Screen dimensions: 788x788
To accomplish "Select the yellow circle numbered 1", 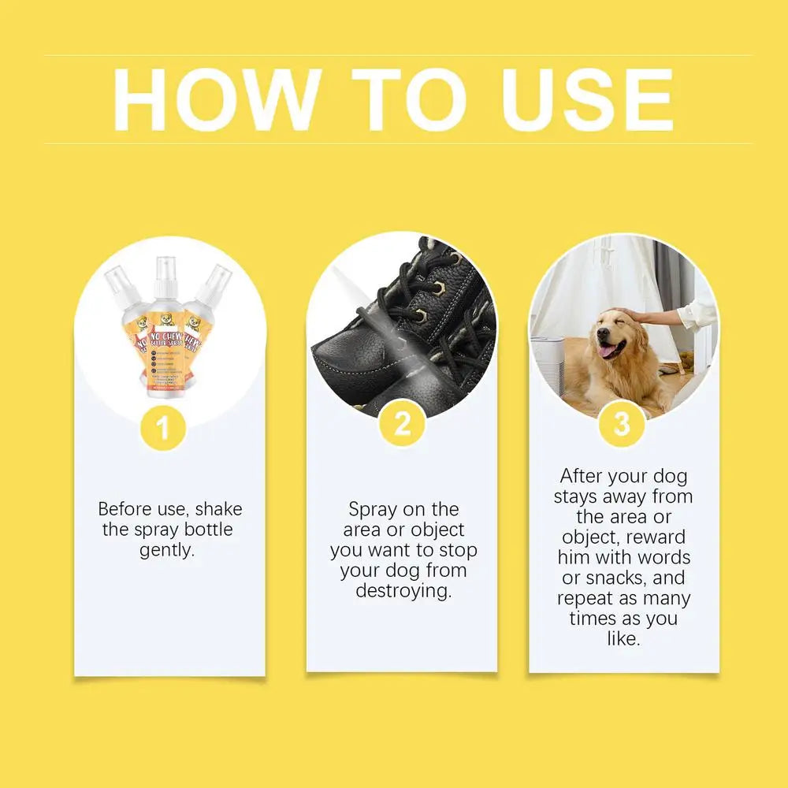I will point(163,429).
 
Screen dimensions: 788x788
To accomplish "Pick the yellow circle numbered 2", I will point(403,425).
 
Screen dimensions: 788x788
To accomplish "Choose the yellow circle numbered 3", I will point(622,425).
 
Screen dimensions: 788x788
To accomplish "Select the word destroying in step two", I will point(403,591).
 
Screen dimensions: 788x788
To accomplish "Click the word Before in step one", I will point(126,508).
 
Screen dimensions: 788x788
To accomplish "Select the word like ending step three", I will point(623,639).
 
